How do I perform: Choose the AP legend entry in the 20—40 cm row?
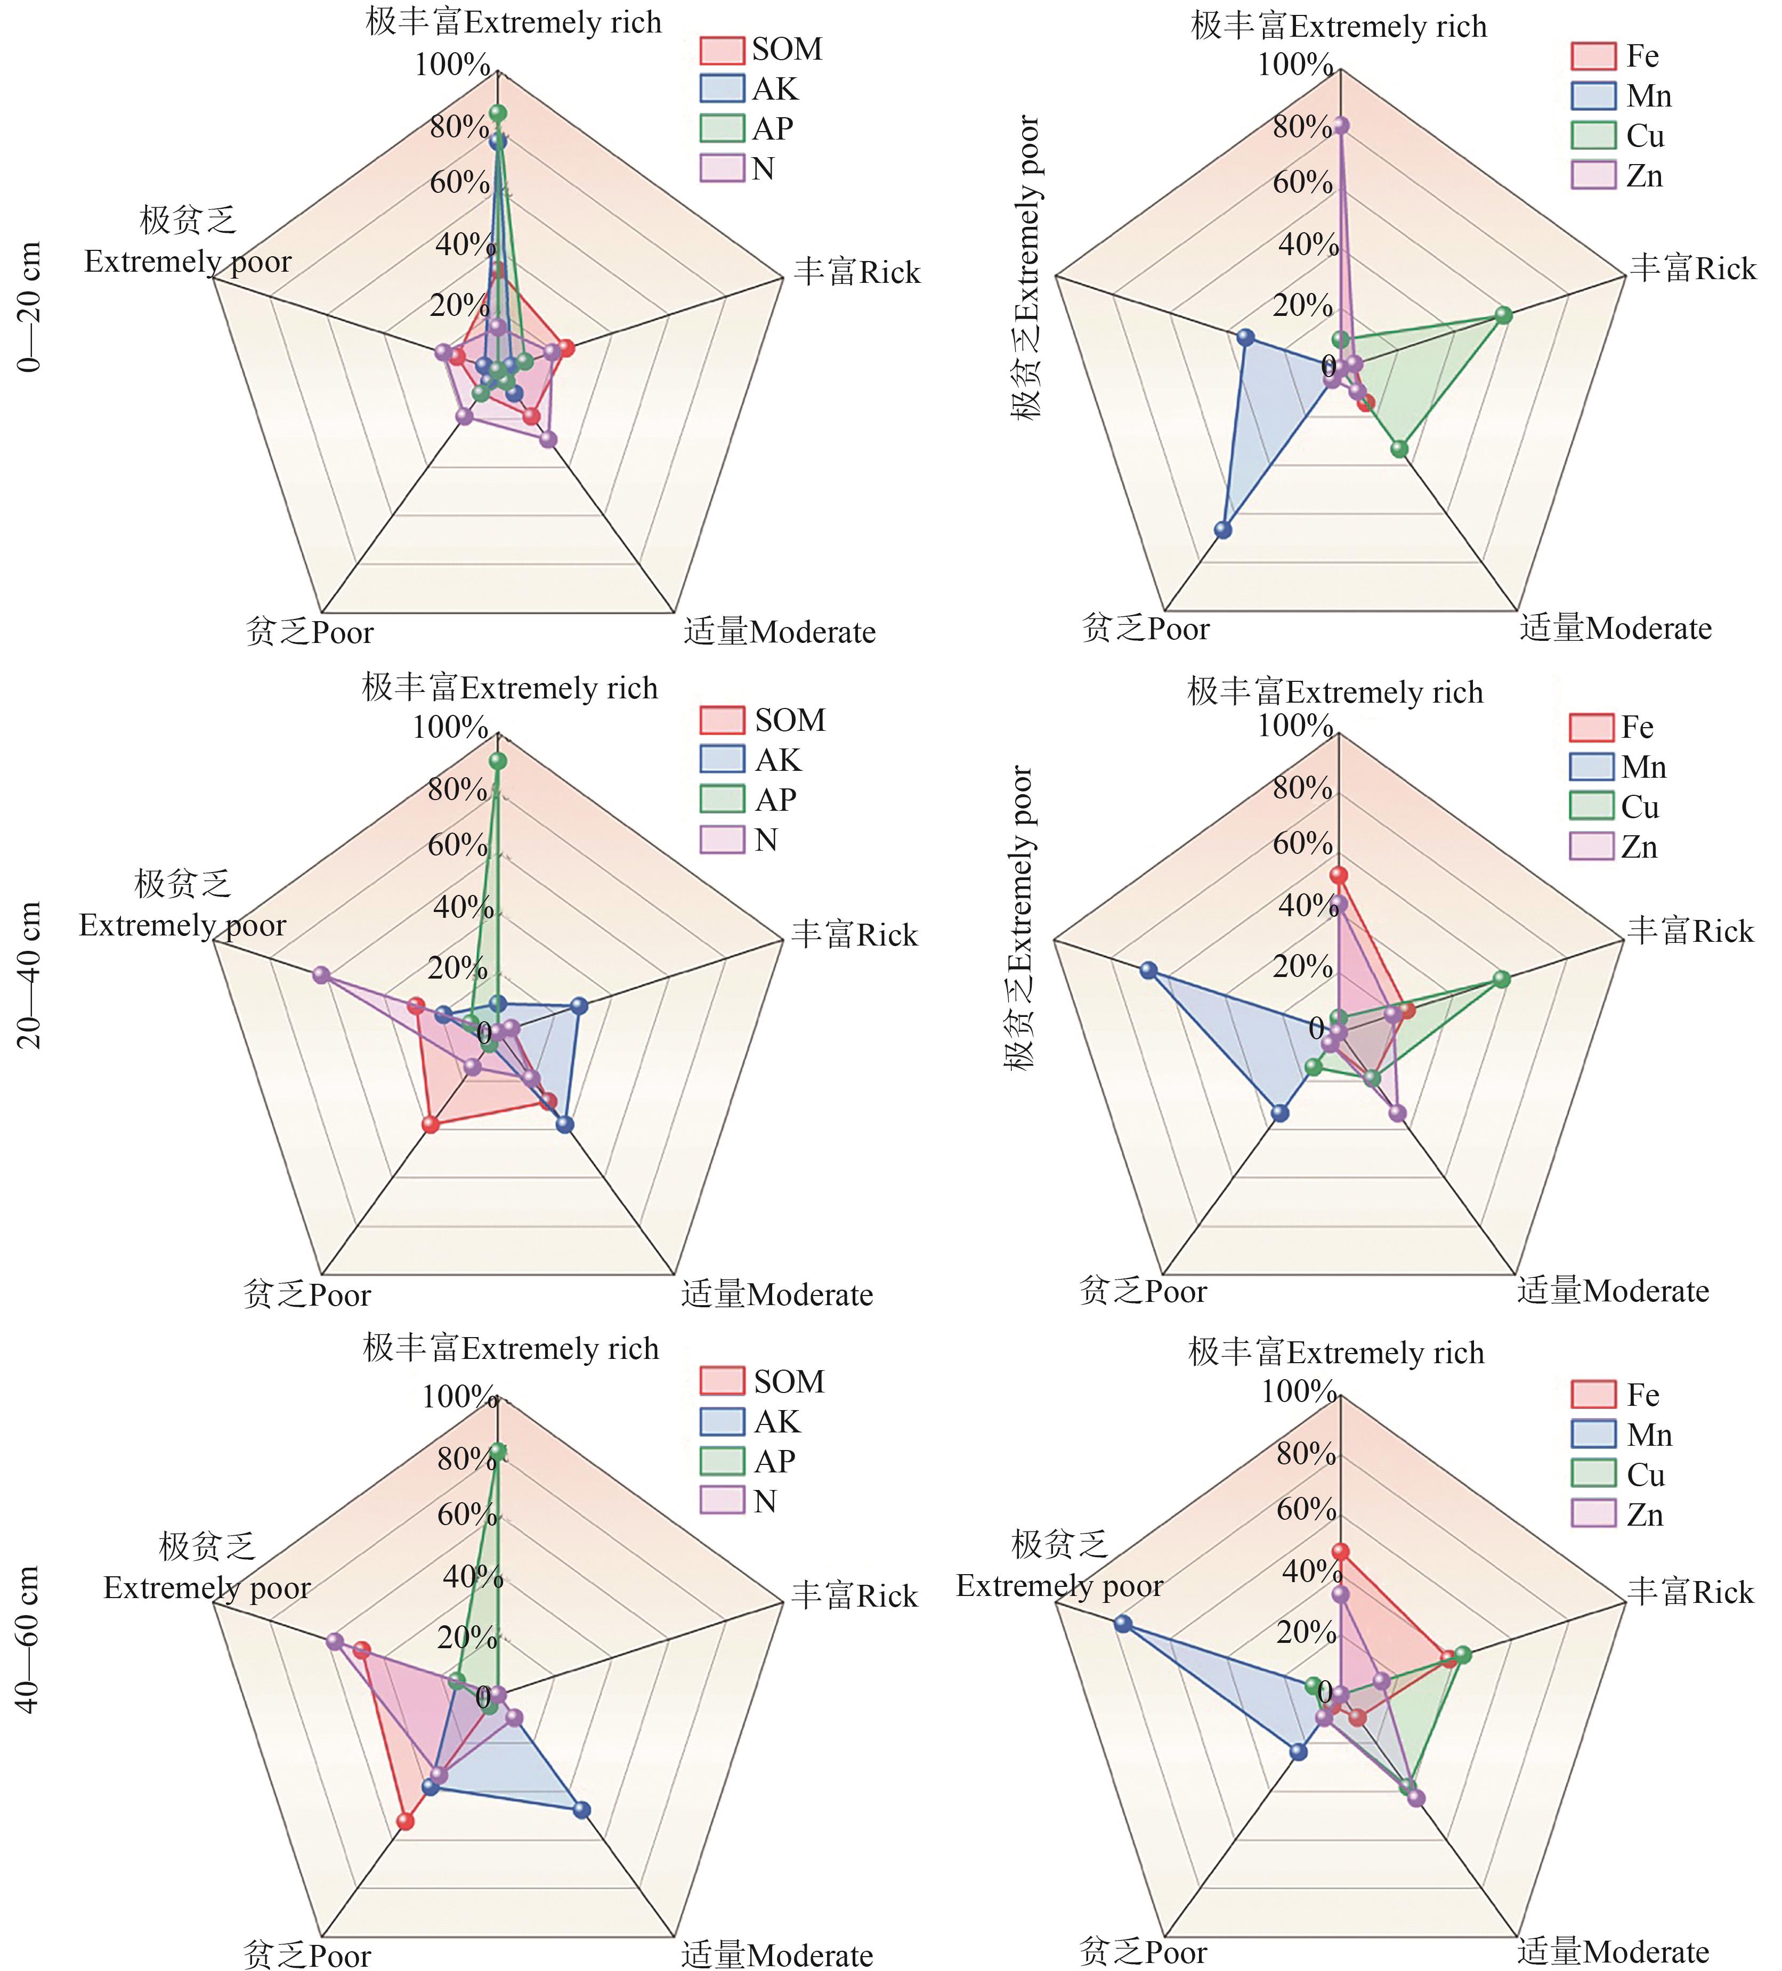(748, 800)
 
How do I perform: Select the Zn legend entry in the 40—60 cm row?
(1618, 1514)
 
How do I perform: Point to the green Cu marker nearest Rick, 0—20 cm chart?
(1503, 315)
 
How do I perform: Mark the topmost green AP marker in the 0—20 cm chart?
(498, 112)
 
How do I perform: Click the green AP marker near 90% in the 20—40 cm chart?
(498, 761)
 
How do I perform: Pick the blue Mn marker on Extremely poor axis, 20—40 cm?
(1148, 971)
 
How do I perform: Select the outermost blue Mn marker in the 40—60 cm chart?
(1123, 1624)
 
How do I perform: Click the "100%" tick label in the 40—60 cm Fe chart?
(1298, 1391)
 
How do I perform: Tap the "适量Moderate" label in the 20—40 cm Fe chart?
(1613, 1291)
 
